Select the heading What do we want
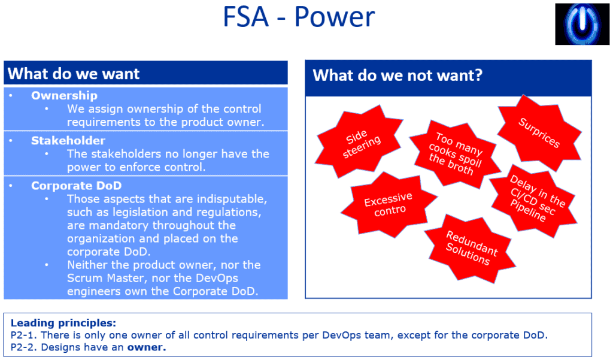tap(74, 74)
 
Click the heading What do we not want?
tap(397, 75)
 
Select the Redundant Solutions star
tap(471, 247)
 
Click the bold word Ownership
tap(64, 95)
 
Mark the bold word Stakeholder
tap(68, 141)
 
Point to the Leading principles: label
tap(63, 322)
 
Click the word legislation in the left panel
tap(126, 212)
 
